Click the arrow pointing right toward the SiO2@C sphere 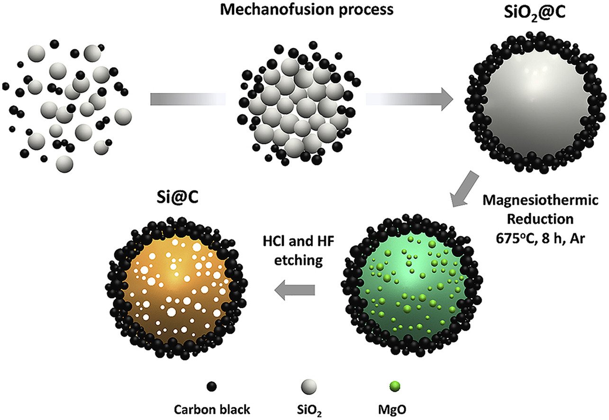[x=408, y=100]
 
